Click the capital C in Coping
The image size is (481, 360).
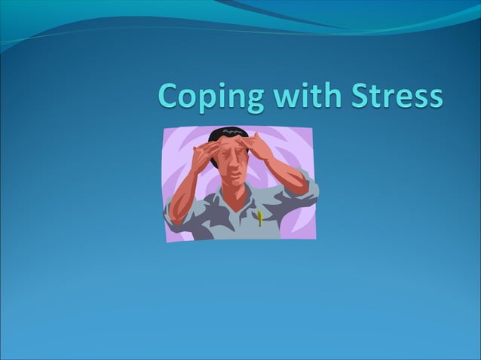pos(169,96)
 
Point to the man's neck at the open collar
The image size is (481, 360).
pos(240,202)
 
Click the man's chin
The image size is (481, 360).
pos(237,188)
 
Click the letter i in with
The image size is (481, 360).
pos(295,96)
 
